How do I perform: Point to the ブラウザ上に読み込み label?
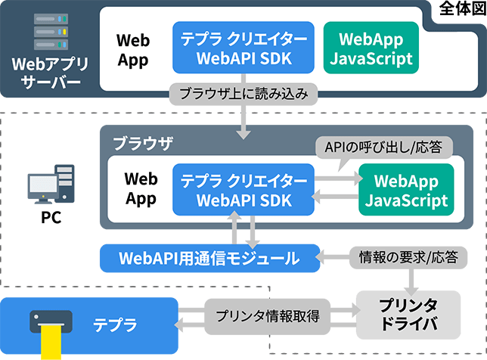click(243, 95)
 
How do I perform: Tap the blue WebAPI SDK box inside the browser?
click(241, 190)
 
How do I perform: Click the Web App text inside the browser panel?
click(141, 189)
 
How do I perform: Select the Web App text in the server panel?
click(134, 49)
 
